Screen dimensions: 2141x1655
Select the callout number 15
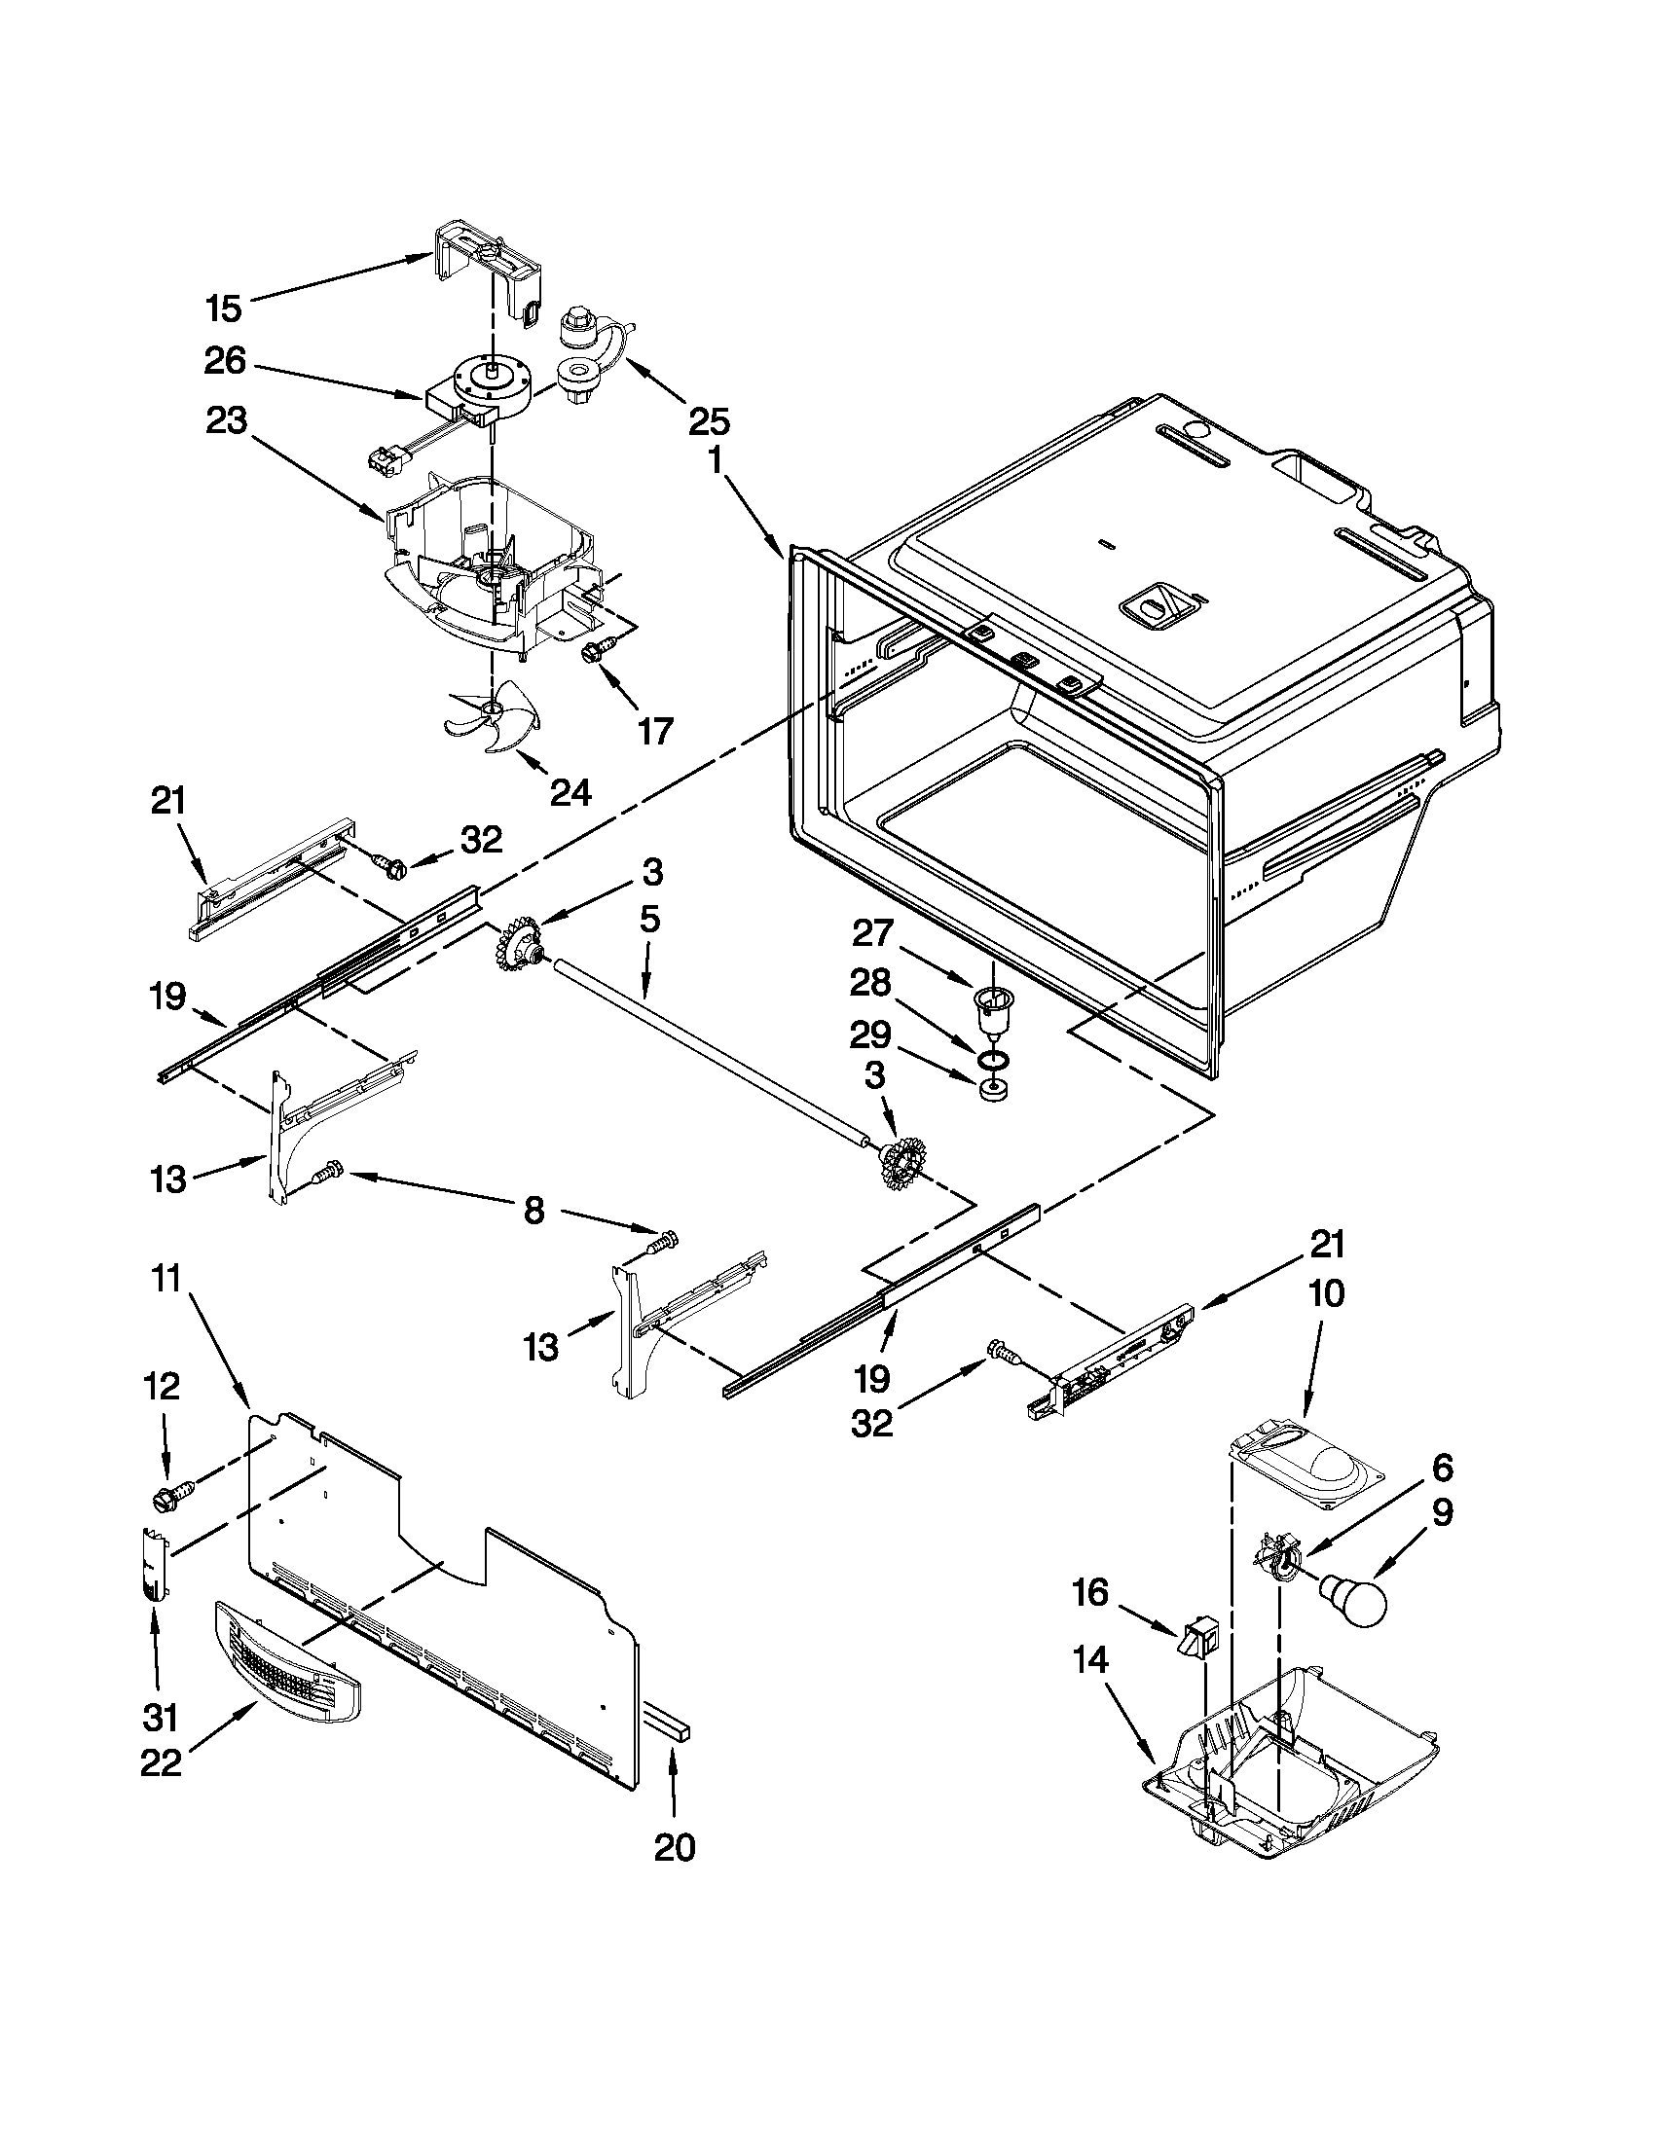point(224,308)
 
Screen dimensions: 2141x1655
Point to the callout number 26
point(225,361)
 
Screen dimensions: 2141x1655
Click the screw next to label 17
point(594,650)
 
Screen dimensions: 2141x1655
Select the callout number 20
point(675,1847)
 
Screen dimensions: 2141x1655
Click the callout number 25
point(709,422)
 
